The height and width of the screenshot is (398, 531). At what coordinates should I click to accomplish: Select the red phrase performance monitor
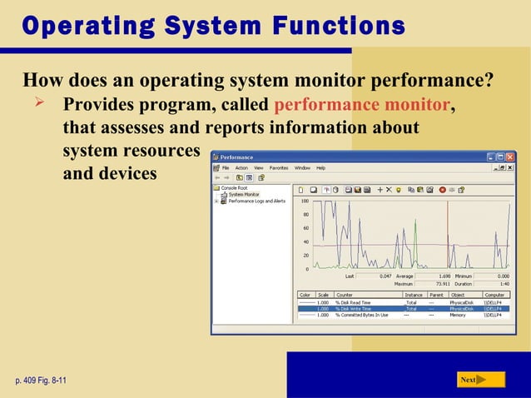pos(361,107)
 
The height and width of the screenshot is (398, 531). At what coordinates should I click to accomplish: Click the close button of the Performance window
pos(509,157)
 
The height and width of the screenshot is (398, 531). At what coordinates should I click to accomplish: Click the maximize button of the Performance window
pos(500,157)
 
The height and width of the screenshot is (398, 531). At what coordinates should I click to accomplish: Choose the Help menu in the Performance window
pos(320,167)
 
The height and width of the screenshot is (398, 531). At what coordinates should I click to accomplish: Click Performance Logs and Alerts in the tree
pos(256,201)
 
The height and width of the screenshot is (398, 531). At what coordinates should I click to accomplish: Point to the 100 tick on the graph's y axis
pos(305,201)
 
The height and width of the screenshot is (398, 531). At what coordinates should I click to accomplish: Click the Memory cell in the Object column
pos(458,315)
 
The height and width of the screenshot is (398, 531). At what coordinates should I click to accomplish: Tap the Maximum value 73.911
pos(426,283)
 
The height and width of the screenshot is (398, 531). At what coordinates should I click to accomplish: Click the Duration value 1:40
pos(504,283)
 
